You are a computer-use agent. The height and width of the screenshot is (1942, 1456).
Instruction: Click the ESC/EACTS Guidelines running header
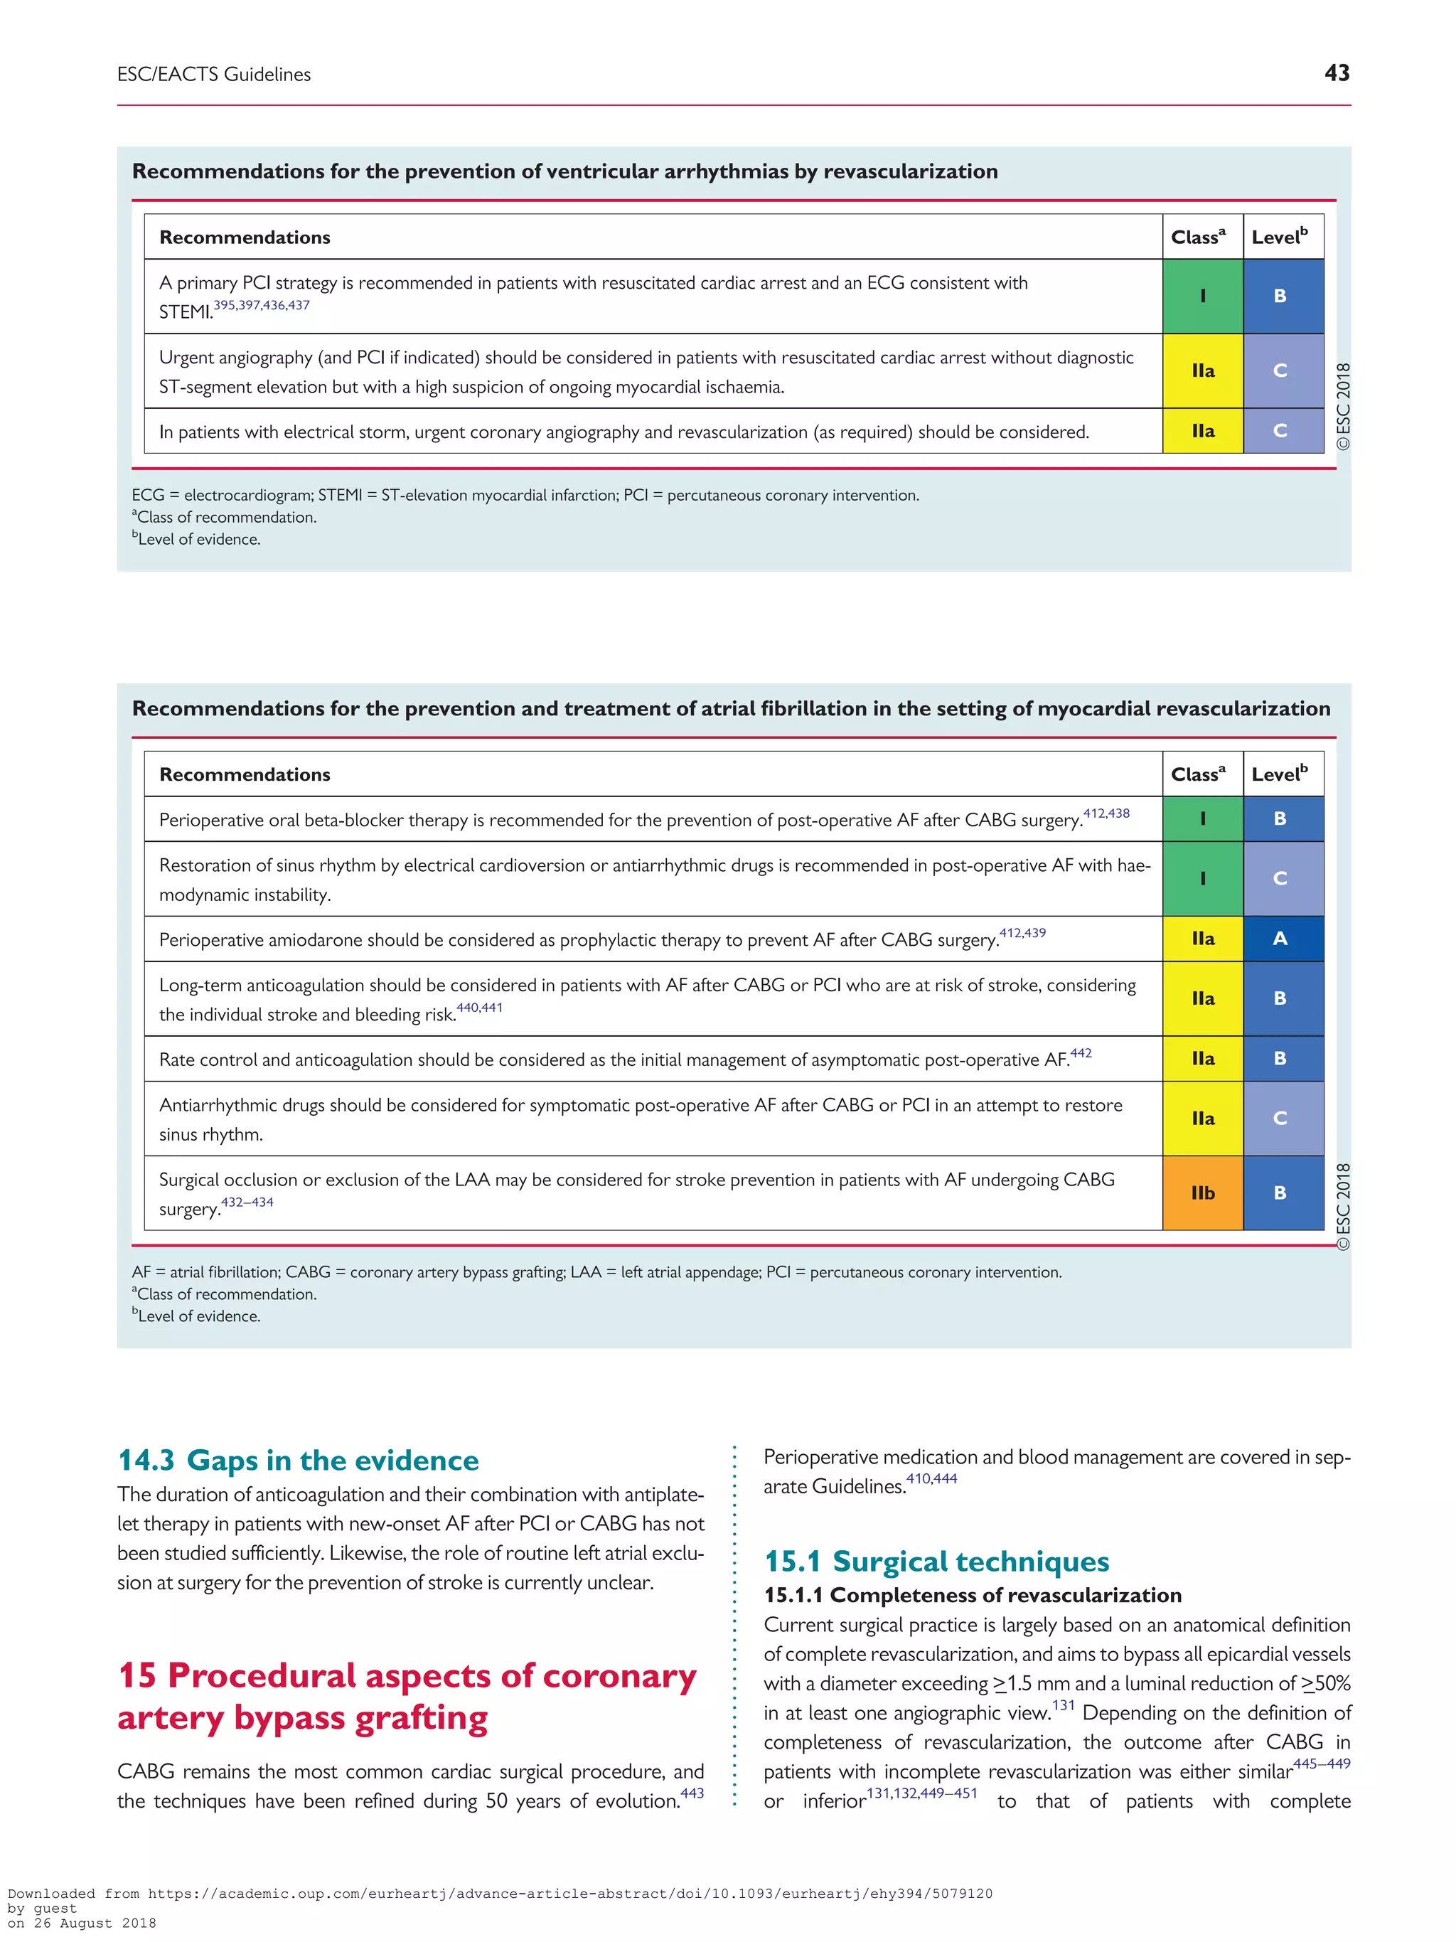pos(214,75)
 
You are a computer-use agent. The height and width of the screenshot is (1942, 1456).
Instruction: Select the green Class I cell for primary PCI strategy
pos(1202,296)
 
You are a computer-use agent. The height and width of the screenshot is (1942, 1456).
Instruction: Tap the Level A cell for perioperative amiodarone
pos(1280,939)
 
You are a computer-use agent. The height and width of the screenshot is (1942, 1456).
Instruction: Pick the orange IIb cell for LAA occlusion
pos(1202,1193)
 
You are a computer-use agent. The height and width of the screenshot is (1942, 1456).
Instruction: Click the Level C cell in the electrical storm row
pos(1280,431)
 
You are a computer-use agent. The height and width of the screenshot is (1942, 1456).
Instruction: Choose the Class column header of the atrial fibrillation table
pos(1198,774)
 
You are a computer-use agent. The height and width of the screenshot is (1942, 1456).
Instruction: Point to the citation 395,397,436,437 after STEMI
pos(262,306)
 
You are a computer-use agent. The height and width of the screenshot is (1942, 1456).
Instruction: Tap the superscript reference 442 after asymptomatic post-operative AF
pos(1081,1052)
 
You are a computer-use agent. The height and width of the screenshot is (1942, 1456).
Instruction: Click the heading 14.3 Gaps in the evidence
pos(299,1460)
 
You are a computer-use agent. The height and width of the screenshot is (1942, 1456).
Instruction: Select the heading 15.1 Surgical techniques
pos(936,1561)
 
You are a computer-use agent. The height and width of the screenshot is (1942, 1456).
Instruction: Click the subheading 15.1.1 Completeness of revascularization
pos(973,1595)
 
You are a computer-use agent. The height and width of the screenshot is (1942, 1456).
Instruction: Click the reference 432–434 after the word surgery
pos(247,1202)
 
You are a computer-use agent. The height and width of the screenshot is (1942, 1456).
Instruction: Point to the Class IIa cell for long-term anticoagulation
pos(1202,998)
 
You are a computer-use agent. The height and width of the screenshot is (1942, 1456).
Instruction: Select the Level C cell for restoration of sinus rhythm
pos(1280,878)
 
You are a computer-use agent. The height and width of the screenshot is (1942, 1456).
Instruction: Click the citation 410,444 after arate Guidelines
pos(931,1479)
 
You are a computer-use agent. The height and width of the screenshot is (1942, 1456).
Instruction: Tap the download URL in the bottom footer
pos(569,1894)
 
